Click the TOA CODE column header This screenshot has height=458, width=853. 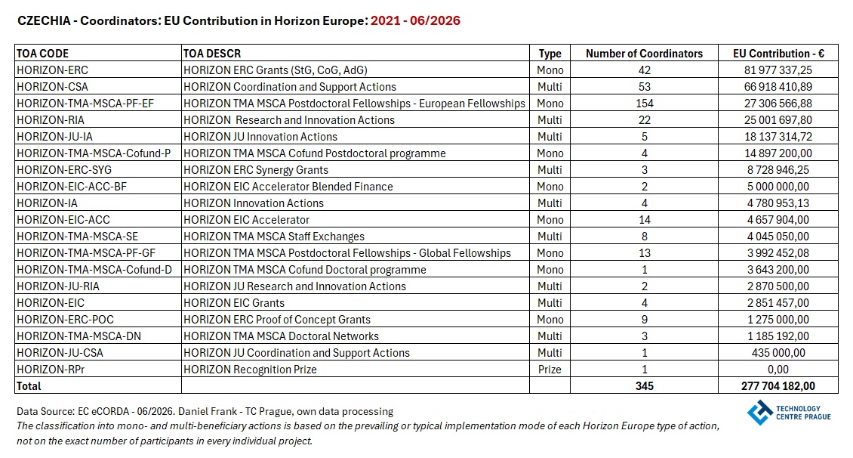(42, 54)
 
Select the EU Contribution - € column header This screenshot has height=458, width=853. (778, 54)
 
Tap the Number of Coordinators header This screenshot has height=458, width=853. (644, 54)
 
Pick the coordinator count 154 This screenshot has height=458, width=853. (644, 104)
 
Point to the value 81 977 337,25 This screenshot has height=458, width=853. (778, 70)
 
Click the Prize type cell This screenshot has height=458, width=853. (550, 370)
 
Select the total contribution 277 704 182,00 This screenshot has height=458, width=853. (778, 386)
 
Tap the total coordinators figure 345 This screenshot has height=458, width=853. (644, 386)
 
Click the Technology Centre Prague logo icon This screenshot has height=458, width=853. (760, 412)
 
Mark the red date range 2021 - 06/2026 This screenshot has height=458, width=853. (415, 20)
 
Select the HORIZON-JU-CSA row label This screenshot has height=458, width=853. (60, 353)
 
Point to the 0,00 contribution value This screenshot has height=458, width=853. (778, 370)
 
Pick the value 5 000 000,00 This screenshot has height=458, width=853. (778, 187)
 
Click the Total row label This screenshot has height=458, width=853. (29, 386)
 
